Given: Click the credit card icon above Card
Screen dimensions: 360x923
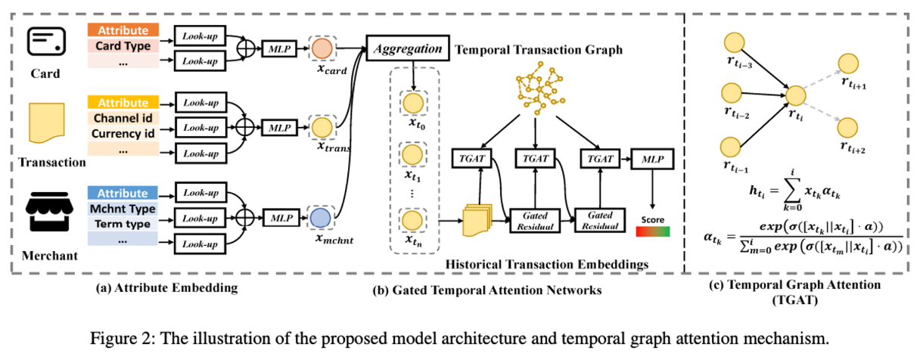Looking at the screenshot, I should coord(44,40).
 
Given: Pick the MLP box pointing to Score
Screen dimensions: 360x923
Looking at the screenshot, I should coord(650,160).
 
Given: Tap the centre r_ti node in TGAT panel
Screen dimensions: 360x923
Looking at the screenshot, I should coord(796,96).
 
